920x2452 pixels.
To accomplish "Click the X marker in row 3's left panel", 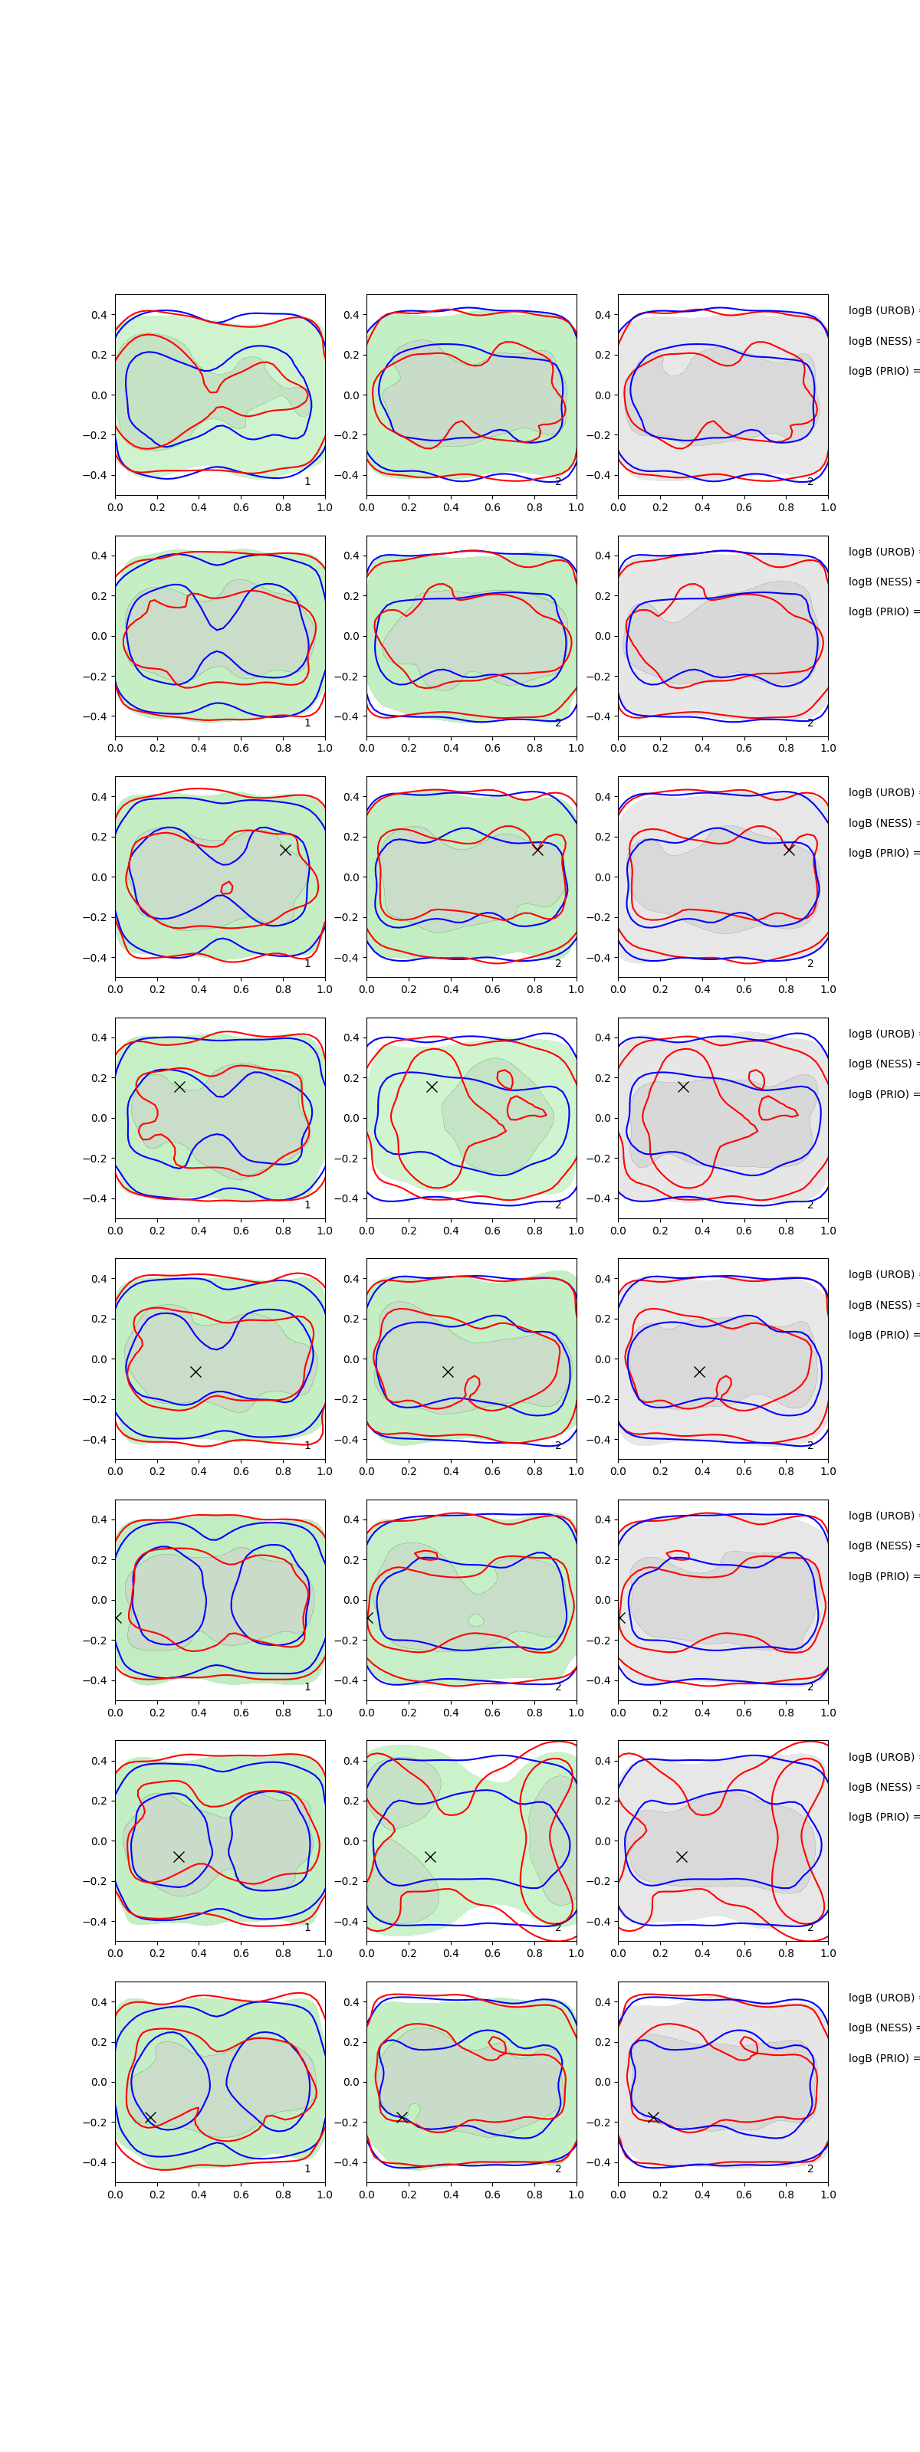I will (x=284, y=850).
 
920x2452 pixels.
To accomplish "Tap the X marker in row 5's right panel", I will (x=699, y=1372).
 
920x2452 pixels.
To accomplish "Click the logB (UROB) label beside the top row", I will (x=882, y=310).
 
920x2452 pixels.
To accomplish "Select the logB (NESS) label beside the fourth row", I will (x=882, y=1064).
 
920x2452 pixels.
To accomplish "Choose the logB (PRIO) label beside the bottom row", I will (x=882, y=2058).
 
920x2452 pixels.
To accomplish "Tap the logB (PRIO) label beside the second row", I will (x=882, y=611).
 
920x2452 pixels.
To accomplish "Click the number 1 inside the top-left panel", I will (x=307, y=482).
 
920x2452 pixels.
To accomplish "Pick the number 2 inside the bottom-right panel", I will (x=810, y=2168).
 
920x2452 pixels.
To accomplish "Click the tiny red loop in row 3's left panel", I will (x=227, y=888).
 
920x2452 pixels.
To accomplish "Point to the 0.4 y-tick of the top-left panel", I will (x=99, y=315).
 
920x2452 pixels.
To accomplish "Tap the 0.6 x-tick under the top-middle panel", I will (x=492, y=507).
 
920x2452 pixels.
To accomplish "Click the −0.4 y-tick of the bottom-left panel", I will (x=95, y=2162).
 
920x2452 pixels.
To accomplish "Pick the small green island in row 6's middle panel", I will (x=475, y=1620).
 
